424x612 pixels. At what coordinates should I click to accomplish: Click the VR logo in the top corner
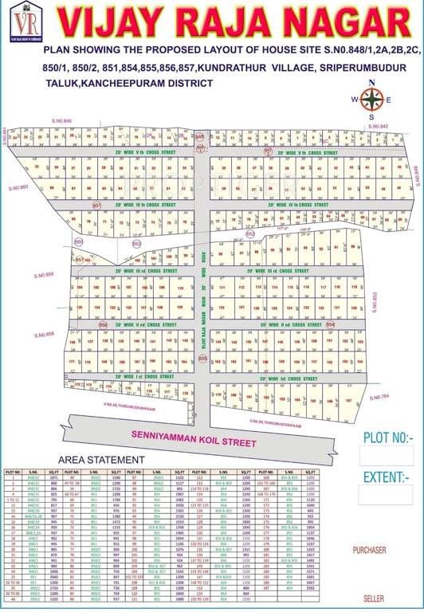[x=20, y=20]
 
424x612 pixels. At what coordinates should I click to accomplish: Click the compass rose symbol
[x=371, y=100]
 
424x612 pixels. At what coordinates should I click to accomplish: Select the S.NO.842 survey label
[x=379, y=127]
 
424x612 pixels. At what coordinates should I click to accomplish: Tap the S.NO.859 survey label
[x=43, y=275]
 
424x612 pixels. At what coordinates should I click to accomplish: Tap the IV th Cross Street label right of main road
[x=297, y=205]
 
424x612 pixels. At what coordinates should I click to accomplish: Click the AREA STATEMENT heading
[x=102, y=461]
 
